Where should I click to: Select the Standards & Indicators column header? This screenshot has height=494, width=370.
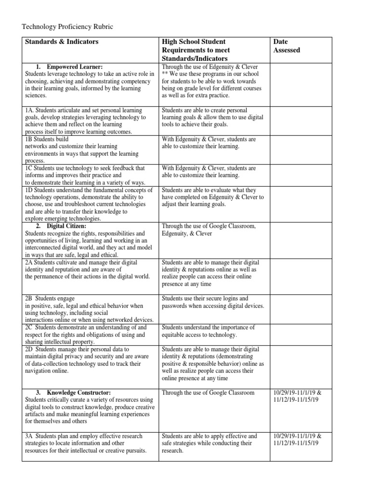pos(61,42)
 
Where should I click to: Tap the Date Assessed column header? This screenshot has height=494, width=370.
pos(286,46)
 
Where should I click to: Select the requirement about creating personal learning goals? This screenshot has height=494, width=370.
pos(212,117)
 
